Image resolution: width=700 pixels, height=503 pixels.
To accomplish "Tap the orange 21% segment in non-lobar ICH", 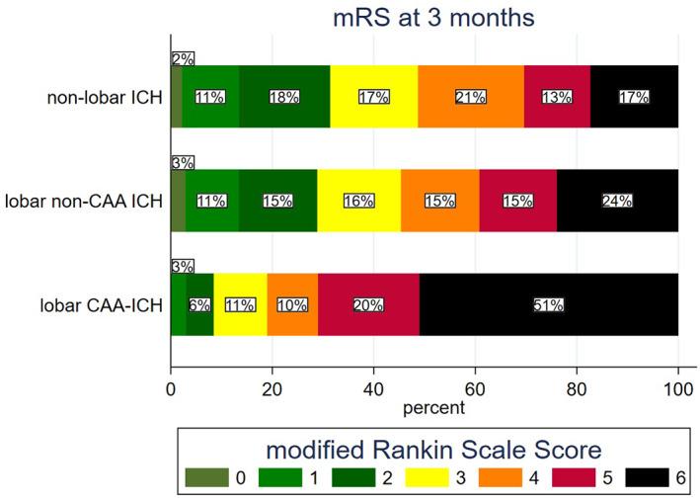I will (471, 97).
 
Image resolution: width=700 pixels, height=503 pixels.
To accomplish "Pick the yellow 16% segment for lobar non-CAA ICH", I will (358, 201).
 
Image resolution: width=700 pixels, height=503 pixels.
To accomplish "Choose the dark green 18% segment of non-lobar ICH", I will (284, 97).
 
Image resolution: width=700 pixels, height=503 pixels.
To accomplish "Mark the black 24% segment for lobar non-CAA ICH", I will (617, 201).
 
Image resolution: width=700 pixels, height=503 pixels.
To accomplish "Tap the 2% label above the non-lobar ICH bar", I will (182, 58).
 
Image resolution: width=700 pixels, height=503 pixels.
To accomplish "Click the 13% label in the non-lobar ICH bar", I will (556, 97).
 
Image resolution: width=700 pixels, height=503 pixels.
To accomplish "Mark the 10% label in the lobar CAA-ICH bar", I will (291, 305).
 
